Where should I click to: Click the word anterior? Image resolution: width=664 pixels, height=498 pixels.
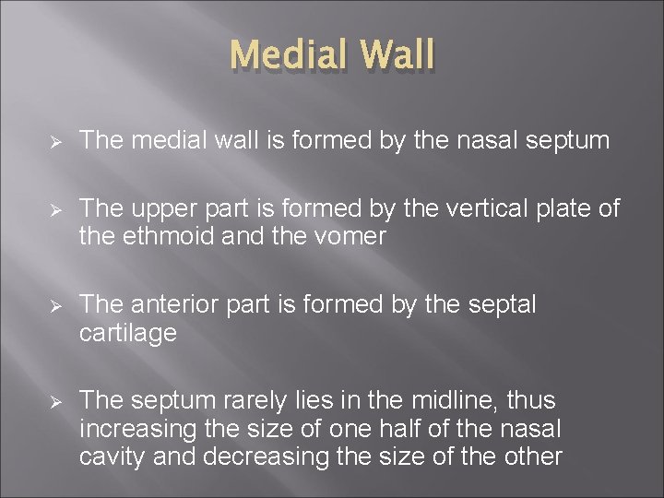tap(172, 305)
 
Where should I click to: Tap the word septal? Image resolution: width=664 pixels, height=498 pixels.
tap(497, 305)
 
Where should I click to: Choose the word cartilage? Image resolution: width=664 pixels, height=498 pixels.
tap(127, 333)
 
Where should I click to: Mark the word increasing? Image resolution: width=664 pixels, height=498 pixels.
tap(138, 428)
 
